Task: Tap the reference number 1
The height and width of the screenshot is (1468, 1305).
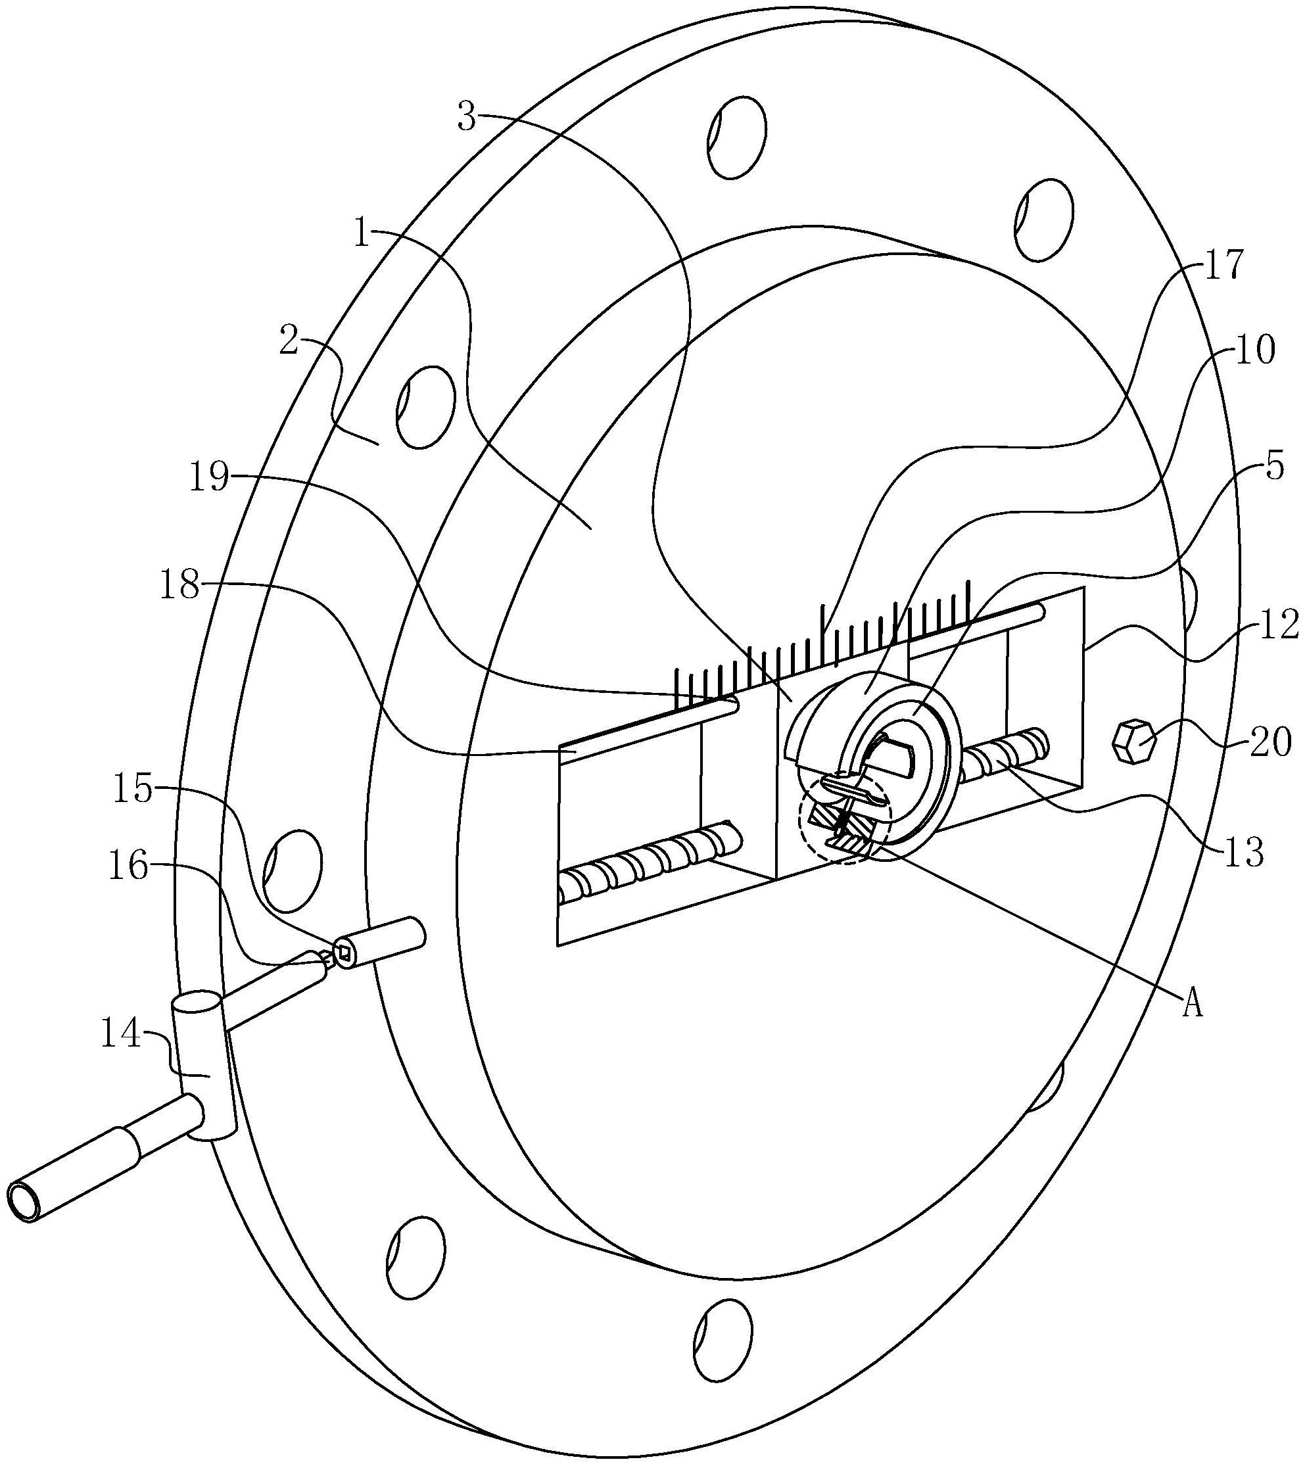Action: click(x=362, y=234)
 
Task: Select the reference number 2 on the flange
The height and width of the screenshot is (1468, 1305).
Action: click(x=289, y=343)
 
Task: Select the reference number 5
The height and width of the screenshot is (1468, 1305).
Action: click(x=1273, y=467)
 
